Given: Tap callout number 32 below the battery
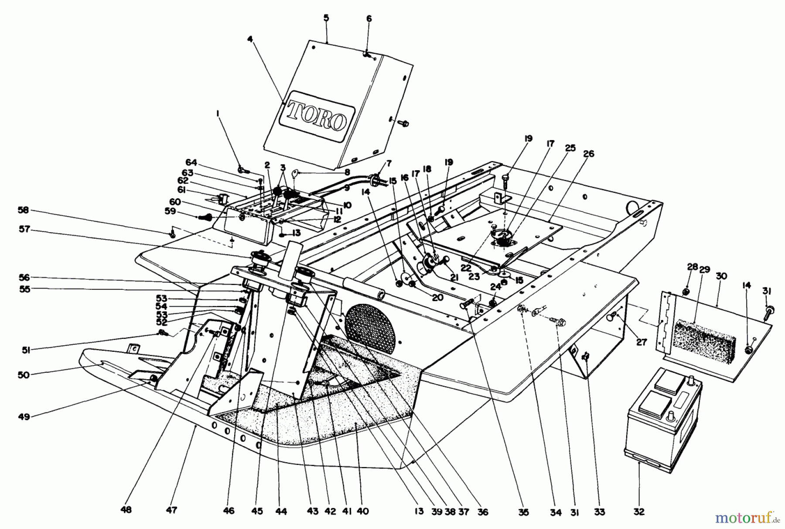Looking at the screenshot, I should (638, 512).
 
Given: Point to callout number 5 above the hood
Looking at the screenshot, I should (326, 18).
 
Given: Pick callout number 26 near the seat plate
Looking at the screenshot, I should (588, 154).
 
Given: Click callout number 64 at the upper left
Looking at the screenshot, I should (191, 162).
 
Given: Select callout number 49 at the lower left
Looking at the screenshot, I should (24, 417).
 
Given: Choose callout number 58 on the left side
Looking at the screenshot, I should (24, 210).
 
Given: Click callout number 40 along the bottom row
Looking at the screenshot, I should (362, 512).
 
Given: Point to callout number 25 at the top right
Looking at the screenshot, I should (570, 148).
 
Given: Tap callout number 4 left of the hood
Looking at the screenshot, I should (250, 39).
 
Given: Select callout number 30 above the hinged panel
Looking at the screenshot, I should (721, 276).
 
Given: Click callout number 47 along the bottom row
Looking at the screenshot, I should (172, 509).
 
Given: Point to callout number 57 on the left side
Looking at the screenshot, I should (24, 229).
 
